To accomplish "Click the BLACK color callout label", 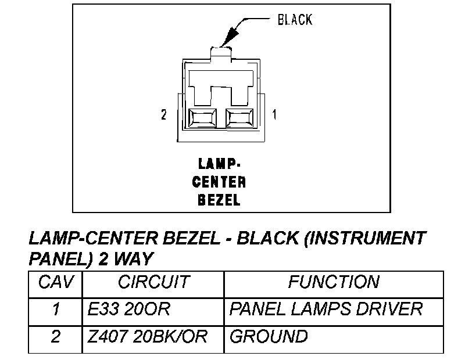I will click(x=295, y=20).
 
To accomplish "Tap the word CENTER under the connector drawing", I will click(x=219, y=182).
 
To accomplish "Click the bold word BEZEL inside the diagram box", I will click(x=219, y=200).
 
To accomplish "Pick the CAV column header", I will click(x=56, y=282).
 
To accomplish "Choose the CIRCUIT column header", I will click(x=153, y=282).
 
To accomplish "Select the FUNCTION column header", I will click(x=334, y=282).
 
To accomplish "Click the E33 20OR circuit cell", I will click(x=129, y=309).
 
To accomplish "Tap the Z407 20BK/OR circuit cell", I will click(x=148, y=336).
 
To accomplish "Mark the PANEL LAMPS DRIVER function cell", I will click(x=326, y=309).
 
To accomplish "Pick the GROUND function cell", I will click(x=269, y=336).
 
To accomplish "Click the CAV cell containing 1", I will click(x=56, y=309).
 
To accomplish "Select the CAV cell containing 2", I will click(x=56, y=336).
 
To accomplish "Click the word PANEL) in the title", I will click(x=56, y=257).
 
